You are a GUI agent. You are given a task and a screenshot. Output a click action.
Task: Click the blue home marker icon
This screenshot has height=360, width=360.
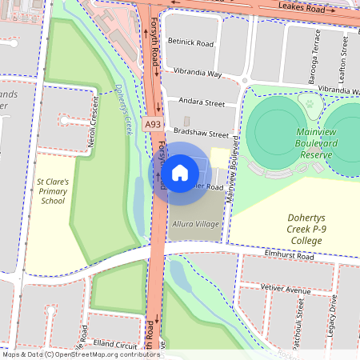[x=180, y=172]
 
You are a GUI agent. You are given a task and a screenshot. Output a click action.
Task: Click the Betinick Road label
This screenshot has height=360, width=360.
[x=191, y=42]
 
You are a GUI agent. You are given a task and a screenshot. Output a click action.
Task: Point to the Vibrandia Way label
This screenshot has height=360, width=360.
[x=193, y=73]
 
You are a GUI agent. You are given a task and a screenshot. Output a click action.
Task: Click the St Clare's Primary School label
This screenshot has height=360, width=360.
[x=54, y=192]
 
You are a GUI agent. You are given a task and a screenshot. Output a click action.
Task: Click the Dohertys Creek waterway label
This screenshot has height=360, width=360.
[x=122, y=107]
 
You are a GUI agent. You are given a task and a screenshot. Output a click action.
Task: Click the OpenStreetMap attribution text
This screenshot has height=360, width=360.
[x=81, y=354]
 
